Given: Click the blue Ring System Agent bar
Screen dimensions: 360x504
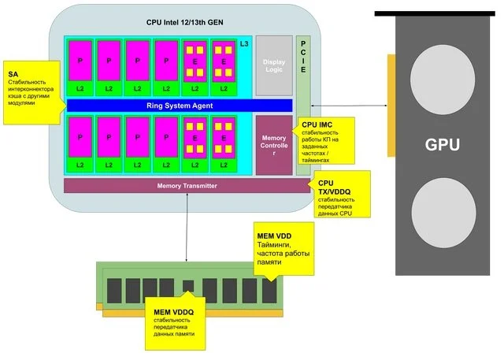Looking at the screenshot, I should (x=180, y=106).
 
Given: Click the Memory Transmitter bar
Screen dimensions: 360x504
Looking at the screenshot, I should (x=187, y=186).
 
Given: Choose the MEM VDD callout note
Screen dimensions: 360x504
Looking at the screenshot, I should (x=283, y=248).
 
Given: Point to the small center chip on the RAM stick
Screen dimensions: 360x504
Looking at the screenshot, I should (x=187, y=285).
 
